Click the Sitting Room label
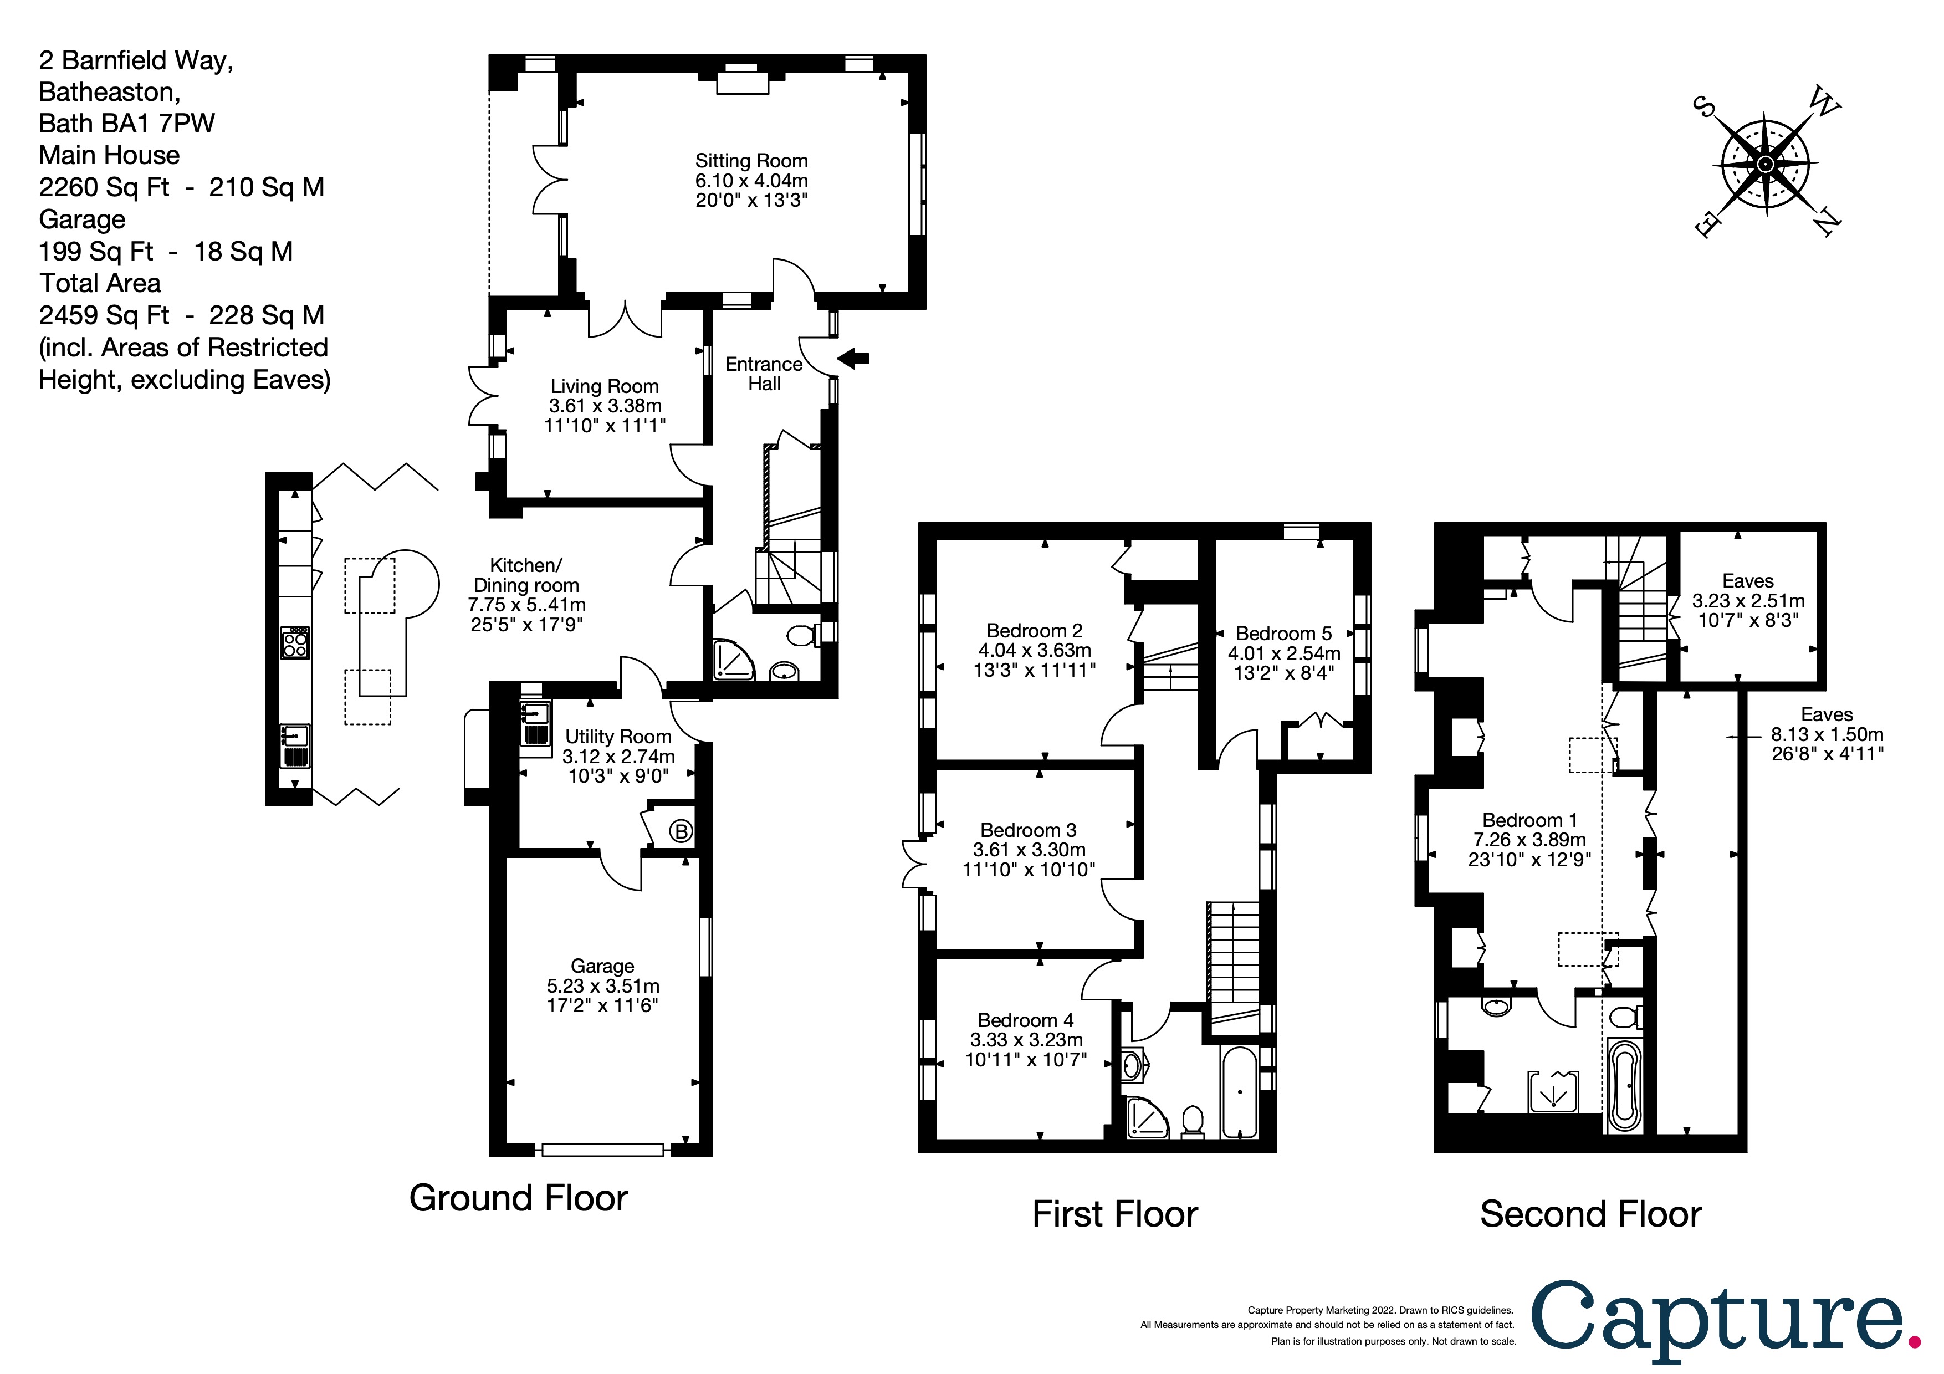tap(751, 161)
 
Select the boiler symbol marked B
tap(681, 831)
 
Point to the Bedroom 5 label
tap(1283, 634)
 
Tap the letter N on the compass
tap(1827, 223)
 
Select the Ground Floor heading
tap(518, 1198)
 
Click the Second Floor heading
tap(1590, 1214)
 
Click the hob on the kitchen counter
tap(295, 643)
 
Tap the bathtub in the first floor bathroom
tap(1240, 1092)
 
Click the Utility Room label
tap(618, 737)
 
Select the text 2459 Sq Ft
tap(104, 315)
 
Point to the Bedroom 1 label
tap(1529, 820)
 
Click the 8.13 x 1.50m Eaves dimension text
tap(1827, 734)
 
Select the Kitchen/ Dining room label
tap(526, 575)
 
